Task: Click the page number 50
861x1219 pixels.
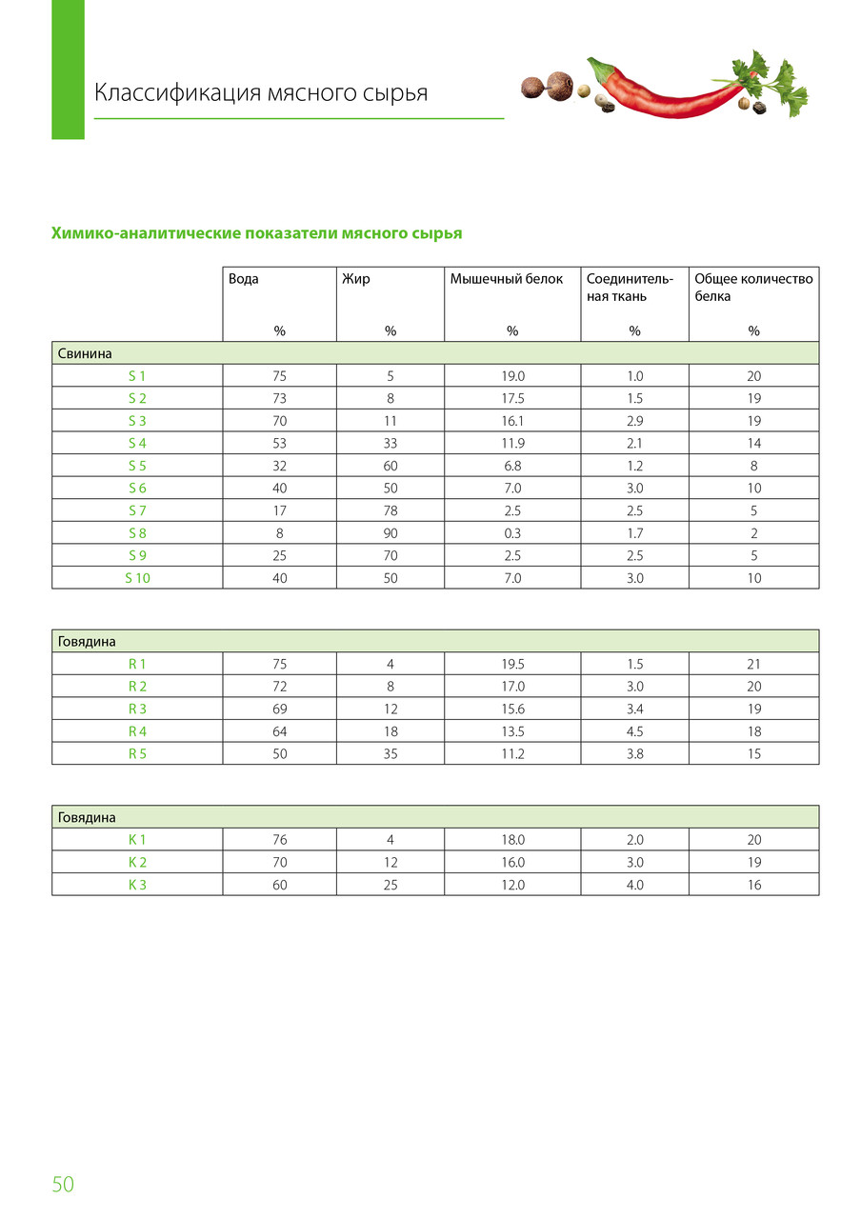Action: click(63, 1184)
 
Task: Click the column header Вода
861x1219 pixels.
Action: click(244, 279)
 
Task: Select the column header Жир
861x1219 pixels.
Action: click(356, 279)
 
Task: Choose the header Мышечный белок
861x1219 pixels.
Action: click(506, 279)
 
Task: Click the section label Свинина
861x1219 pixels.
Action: click(86, 353)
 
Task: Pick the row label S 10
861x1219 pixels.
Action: click(137, 577)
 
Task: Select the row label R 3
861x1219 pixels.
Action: click(137, 709)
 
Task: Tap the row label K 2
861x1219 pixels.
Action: click(137, 862)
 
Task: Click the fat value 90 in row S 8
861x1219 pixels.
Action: click(390, 532)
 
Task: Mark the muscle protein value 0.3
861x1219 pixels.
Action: click(512, 532)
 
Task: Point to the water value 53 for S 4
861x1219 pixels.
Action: click(279, 443)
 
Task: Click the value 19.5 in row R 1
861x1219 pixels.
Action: click(512, 664)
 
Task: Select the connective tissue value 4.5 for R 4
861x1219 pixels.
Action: click(634, 731)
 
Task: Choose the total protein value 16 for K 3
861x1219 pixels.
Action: click(753, 885)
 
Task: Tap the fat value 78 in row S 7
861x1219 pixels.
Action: click(390, 510)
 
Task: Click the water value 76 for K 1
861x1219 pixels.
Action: click(279, 840)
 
